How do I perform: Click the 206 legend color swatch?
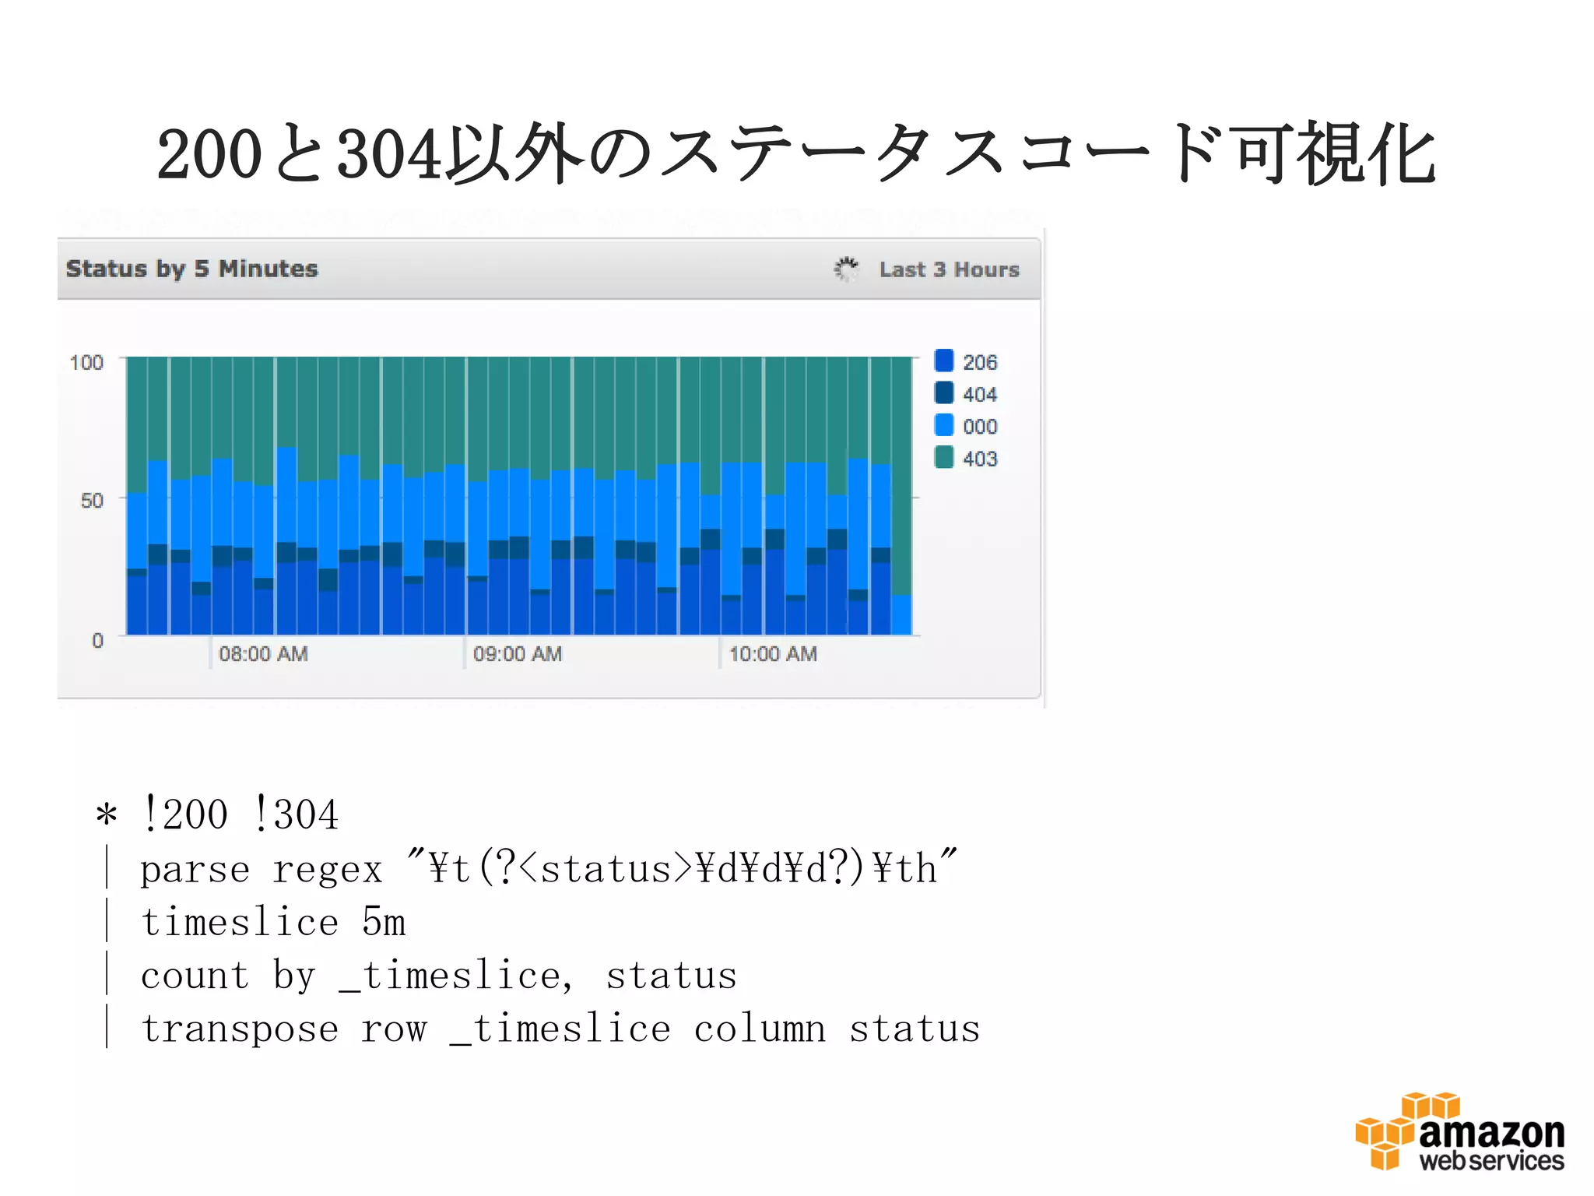pos(943,361)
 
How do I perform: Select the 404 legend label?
pos(979,395)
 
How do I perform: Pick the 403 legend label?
pos(979,459)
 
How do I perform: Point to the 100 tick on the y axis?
pos(86,363)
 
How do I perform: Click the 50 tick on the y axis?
pos(92,501)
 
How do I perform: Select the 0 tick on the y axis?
pos(97,641)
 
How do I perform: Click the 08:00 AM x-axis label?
pos(263,654)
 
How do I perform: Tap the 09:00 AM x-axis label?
pos(518,654)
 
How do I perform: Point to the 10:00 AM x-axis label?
pos(773,654)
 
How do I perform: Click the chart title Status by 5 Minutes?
pos(192,269)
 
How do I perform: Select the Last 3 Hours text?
pos(949,269)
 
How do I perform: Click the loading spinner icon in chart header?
pos(846,269)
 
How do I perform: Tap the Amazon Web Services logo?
pos(1460,1132)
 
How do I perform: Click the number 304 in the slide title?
pos(389,154)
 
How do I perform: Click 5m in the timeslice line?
pos(384,923)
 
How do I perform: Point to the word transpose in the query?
pos(240,1029)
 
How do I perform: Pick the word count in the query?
pos(195,976)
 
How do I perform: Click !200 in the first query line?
pos(185,815)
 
